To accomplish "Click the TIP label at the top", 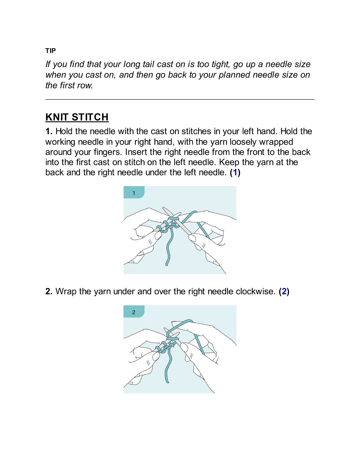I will click(50, 51).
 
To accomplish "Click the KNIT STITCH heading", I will click(77, 117).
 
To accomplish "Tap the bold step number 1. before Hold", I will click(49, 131).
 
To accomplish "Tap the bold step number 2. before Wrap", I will click(49, 291).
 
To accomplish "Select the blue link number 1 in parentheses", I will click(235, 172).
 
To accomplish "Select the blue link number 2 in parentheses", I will click(284, 291).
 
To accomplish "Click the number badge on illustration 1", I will click(134, 193).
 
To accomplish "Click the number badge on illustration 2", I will click(134, 312).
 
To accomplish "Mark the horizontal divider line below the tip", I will click(180, 99).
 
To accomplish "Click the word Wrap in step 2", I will click(66, 291).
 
